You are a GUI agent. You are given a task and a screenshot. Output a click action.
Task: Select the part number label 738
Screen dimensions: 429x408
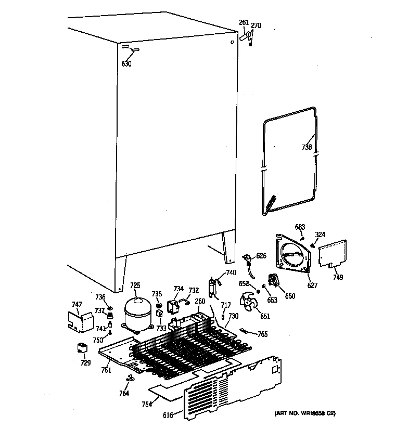point(307,147)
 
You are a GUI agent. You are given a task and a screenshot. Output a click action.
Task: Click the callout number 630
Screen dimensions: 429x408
point(126,64)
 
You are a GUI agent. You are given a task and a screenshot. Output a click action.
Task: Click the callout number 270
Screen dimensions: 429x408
point(256,25)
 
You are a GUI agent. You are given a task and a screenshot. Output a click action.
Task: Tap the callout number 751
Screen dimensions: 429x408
point(106,370)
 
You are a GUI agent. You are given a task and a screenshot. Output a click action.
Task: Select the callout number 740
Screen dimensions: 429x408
point(231,272)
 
